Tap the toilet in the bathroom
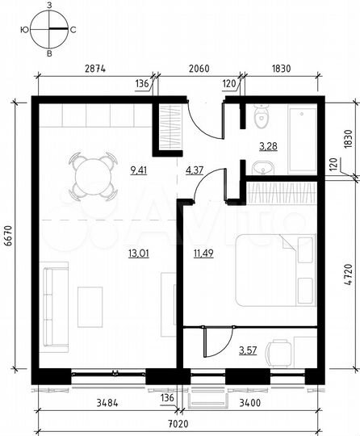[259, 119]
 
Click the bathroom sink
[260, 168]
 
